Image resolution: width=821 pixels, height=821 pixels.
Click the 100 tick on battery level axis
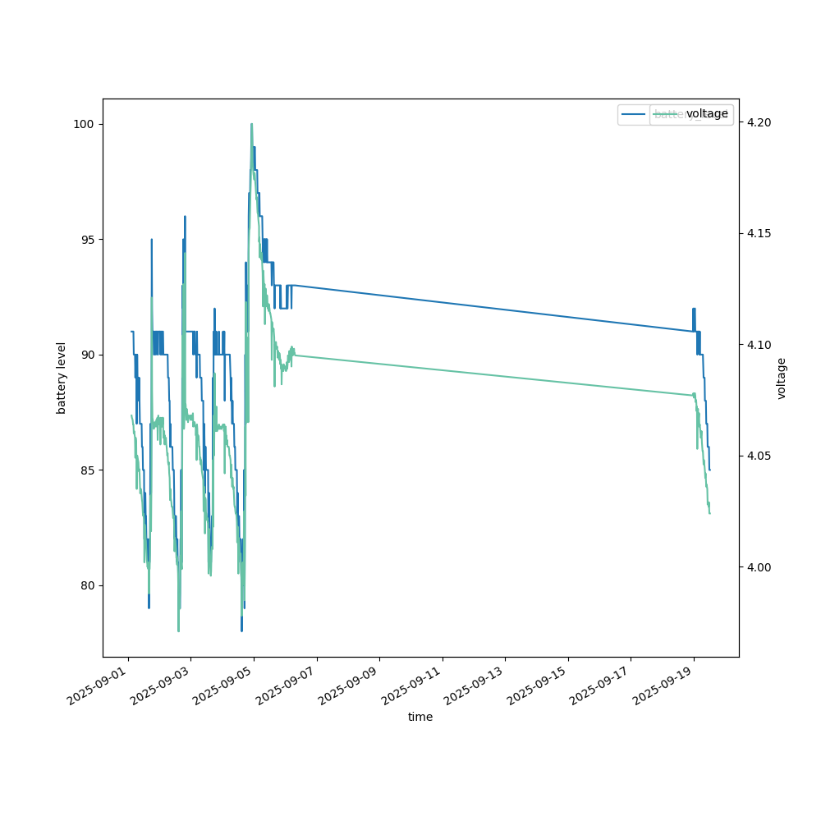point(85,124)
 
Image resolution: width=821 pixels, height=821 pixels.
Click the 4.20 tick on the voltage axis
point(757,122)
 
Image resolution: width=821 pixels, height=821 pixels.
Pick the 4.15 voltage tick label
point(757,234)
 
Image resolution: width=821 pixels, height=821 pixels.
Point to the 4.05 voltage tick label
point(757,456)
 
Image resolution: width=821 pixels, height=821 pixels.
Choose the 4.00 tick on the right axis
point(757,567)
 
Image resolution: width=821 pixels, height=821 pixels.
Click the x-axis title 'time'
point(420,717)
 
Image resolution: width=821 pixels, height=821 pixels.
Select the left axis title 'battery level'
point(62,378)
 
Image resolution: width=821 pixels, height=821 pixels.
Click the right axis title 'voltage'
point(782,378)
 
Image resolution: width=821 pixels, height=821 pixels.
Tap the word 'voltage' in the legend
point(707,114)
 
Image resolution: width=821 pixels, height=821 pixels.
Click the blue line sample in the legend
point(633,114)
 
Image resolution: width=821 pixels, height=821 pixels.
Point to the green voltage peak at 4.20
point(251,124)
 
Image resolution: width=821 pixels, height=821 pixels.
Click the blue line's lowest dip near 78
point(241,630)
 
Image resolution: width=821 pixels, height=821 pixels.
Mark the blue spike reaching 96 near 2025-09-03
point(185,217)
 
